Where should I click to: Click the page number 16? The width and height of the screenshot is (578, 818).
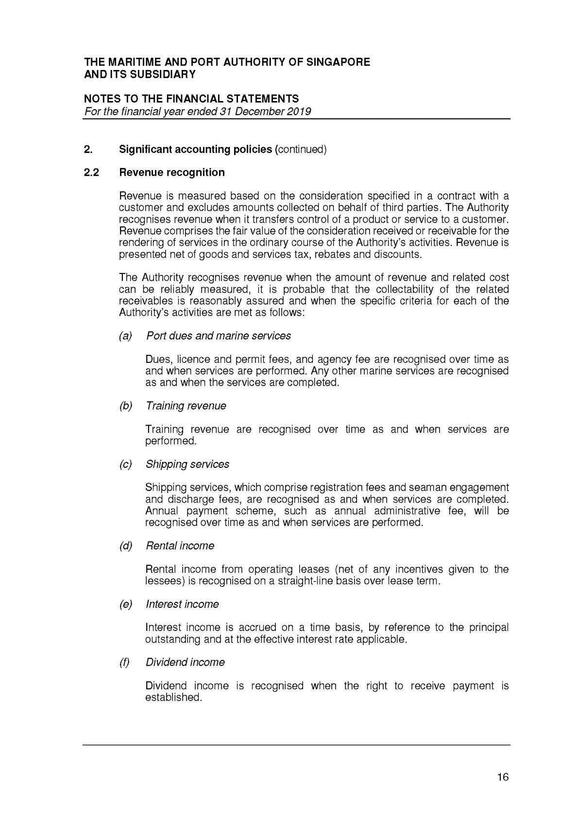tap(503, 777)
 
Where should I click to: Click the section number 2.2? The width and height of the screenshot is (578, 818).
tap(91, 172)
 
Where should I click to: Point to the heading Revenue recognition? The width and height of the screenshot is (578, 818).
tap(172, 172)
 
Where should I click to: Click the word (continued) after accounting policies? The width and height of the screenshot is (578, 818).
tap(301, 149)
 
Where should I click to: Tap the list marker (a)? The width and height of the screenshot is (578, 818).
tap(125, 336)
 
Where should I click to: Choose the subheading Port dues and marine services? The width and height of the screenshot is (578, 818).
tap(218, 336)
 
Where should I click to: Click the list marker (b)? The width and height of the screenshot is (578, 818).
tap(125, 406)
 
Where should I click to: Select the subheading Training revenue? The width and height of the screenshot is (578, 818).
tap(186, 406)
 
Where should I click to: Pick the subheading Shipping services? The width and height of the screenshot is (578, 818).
tap(187, 464)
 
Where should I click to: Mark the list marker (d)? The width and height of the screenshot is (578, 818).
tap(125, 545)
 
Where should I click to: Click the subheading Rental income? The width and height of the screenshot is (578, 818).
tap(180, 545)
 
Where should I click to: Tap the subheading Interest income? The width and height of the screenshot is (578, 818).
tap(182, 604)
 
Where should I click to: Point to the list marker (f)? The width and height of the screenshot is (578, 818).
tap(125, 662)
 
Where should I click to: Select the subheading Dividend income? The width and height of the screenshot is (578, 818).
tap(185, 662)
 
